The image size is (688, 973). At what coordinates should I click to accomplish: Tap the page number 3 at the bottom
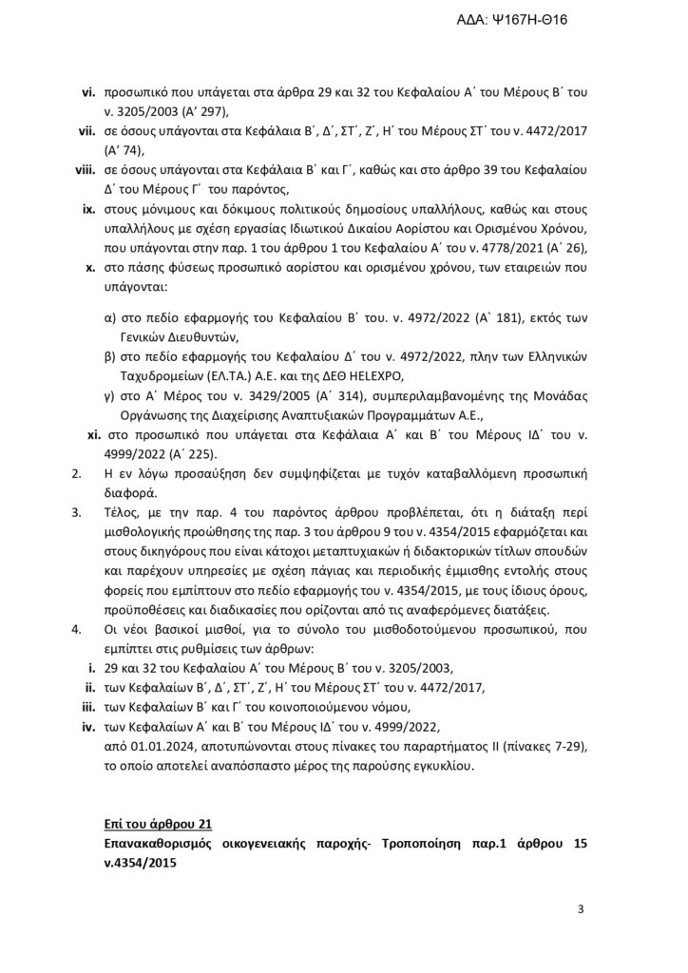[x=580, y=910]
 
